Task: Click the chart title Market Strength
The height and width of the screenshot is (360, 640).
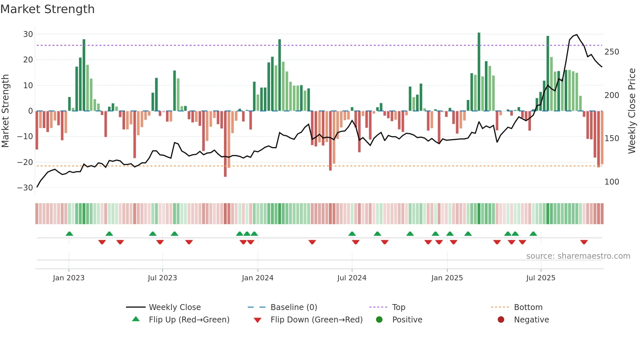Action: [x=47, y=9]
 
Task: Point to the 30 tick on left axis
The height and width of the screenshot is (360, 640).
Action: [x=28, y=34]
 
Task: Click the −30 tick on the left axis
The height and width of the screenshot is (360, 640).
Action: [x=25, y=188]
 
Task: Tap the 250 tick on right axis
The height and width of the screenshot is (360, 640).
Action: [x=612, y=52]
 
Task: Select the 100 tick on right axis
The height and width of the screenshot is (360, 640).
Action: [x=612, y=182]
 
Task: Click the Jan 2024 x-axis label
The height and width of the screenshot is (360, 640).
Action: [x=257, y=278]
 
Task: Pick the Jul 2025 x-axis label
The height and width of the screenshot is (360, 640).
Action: [x=540, y=278]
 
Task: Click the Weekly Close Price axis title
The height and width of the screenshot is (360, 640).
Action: [x=632, y=111]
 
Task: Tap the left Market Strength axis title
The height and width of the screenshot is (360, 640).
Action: [x=6, y=111]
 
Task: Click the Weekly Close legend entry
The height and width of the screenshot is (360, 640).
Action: [x=174, y=307]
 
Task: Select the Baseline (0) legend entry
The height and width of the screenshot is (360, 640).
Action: [x=294, y=307]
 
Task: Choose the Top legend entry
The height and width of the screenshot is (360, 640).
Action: [x=398, y=307]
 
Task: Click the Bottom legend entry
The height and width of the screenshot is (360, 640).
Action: [x=528, y=307]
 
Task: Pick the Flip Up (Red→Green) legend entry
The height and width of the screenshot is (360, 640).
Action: [x=189, y=320]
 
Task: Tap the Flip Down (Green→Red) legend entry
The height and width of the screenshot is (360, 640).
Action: [x=316, y=320]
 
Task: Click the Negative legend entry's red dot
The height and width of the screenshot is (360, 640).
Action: [x=501, y=319]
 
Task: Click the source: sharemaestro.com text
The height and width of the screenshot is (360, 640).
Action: [x=578, y=256]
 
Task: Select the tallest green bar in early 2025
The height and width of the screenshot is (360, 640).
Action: [x=479, y=72]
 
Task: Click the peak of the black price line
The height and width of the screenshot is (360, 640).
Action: [x=577, y=35]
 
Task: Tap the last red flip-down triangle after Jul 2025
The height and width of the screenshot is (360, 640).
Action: [x=584, y=242]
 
